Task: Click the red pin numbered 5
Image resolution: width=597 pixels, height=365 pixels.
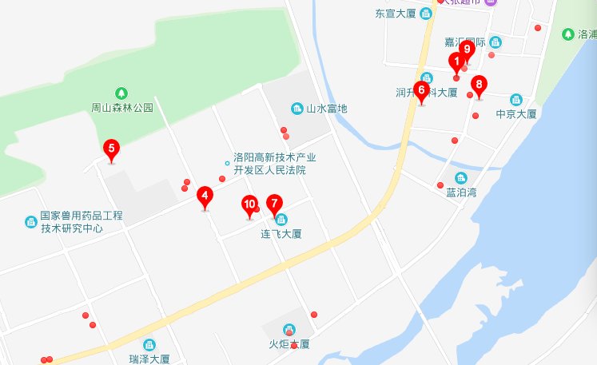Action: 111,149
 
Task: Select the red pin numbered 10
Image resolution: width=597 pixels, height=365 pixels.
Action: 249,206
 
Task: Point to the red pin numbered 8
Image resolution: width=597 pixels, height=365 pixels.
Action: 479,85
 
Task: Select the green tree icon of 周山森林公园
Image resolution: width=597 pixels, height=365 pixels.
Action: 121,92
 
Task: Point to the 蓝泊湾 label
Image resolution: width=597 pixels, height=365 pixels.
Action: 461,192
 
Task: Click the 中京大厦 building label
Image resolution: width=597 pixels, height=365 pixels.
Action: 515,114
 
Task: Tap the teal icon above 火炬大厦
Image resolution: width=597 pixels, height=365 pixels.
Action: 289,329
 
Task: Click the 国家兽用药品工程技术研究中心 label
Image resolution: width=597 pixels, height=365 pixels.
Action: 82,221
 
